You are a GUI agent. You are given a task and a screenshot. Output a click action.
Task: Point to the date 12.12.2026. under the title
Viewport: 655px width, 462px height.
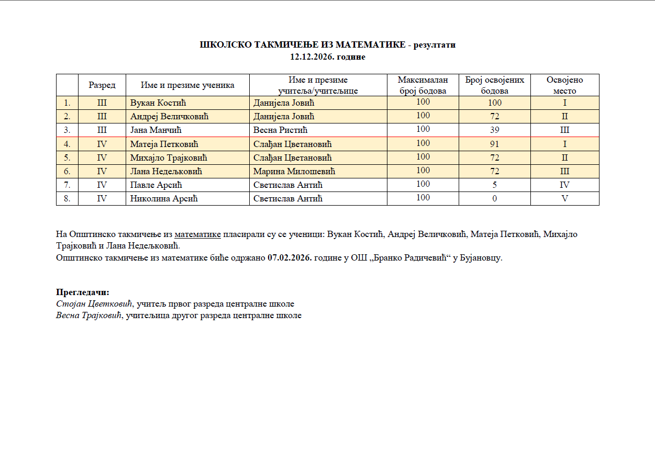pyautogui.click(x=312, y=57)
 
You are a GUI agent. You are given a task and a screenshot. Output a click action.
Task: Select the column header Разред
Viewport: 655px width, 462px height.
pyautogui.click(x=102, y=85)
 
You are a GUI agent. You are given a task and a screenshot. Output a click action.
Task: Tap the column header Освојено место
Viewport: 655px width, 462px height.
pyautogui.click(x=564, y=85)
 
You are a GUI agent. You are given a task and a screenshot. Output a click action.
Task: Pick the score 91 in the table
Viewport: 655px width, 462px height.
pyautogui.click(x=494, y=144)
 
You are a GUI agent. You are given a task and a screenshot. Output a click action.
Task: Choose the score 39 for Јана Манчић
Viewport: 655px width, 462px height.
pyautogui.click(x=494, y=130)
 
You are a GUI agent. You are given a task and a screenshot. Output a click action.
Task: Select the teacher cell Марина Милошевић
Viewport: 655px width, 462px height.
pyautogui.click(x=294, y=171)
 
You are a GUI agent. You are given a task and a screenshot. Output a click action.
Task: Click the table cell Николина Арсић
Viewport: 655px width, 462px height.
pyautogui.click(x=163, y=199)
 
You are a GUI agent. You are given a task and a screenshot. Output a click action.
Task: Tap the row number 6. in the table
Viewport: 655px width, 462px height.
pyautogui.click(x=67, y=171)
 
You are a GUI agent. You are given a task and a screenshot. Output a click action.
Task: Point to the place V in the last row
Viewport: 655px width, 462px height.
pyautogui.click(x=564, y=199)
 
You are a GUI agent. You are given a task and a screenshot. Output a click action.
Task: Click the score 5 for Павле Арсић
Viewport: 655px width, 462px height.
pyautogui.click(x=494, y=185)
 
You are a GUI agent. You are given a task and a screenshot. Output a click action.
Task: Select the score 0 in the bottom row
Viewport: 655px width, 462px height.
pyautogui.click(x=494, y=199)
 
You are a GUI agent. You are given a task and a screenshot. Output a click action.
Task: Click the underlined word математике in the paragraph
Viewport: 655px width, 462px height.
pyautogui.click(x=197, y=234)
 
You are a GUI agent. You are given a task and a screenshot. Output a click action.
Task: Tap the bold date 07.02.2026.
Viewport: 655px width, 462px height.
pyautogui.click(x=289, y=258)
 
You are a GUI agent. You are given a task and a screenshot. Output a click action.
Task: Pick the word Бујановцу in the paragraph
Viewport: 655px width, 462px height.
pyautogui.click(x=480, y=258)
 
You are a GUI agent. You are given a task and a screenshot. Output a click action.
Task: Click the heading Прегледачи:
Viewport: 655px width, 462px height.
pyautogui.click(x=83, y=292)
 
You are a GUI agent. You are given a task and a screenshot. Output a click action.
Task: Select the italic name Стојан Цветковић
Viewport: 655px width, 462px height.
pyautogui.click(x=95, y=304)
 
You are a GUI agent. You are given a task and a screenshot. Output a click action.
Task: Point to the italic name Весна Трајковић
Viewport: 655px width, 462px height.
pyautogui.click(x=88, y=316)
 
